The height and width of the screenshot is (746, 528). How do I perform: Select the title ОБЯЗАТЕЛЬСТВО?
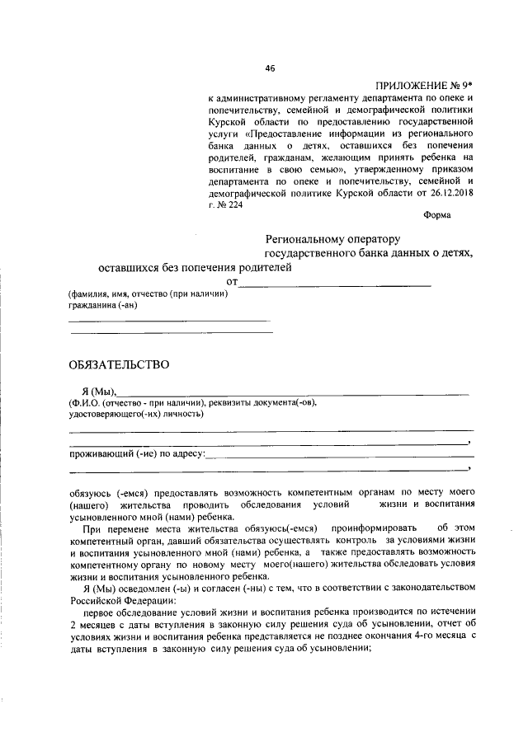pos(119,364)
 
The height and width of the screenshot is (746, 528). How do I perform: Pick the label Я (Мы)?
pos(100,391)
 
